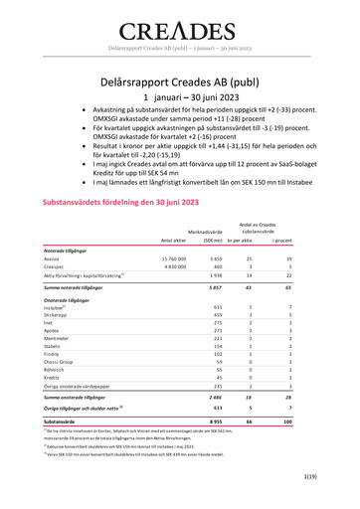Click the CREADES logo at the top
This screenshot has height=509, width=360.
[180, 27]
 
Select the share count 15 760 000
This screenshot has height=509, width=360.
[170, 258]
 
